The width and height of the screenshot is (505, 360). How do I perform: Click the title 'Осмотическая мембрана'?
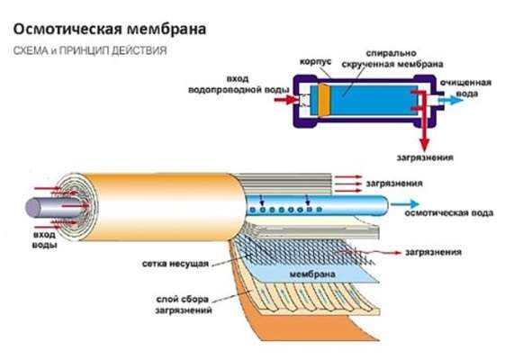coord(110,29)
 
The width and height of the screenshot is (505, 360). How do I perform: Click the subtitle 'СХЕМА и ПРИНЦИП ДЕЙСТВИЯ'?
coord(90,50)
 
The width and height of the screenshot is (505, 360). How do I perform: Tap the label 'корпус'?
coord(315,62)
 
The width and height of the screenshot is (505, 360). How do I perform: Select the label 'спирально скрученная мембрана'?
coord(392,58)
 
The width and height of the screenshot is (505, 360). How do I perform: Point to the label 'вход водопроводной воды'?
coord(239,85)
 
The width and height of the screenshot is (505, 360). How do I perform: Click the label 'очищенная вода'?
coord(465,88)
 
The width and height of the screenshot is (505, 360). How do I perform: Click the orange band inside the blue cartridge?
coord(324,100)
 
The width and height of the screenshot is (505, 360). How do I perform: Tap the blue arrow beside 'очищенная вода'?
coord(451,100)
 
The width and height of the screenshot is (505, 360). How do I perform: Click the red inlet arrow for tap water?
coord(286,100)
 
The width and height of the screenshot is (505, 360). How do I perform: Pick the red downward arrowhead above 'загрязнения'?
coord(425,144)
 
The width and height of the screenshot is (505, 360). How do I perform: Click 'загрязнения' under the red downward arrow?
coord(425,157)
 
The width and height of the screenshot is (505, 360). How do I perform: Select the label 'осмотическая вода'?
coord(449,213)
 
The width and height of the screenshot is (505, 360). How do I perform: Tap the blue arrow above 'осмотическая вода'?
coord(404,203)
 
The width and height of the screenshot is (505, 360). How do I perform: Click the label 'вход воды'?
coord(45,239)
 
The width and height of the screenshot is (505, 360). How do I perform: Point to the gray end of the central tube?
coord(32,207)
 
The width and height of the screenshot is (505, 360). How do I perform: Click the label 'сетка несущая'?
coord(176,264)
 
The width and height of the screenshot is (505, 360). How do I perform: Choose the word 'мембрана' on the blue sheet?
coord(312,274)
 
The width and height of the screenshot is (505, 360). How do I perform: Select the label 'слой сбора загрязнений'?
coord(184,304)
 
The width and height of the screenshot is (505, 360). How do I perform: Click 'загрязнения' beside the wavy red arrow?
coord(433,252)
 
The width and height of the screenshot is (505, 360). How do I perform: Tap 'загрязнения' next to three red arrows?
coord(394,184)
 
